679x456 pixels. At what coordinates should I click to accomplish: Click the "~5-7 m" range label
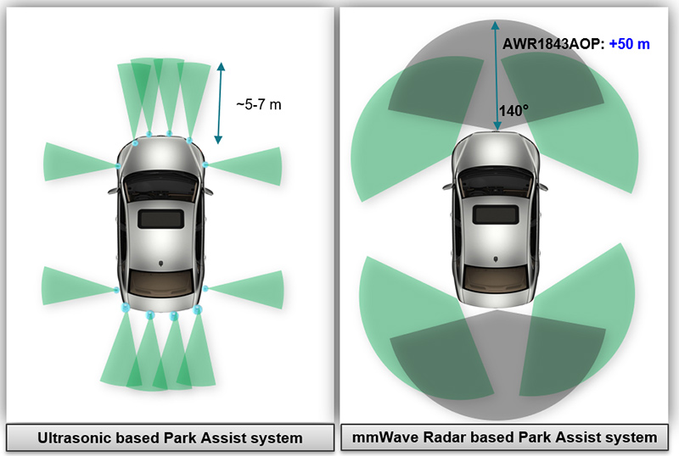(258, 104)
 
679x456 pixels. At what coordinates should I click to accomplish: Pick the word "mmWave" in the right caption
(385, 437)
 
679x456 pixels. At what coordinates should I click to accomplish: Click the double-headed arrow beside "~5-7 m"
(221, 102)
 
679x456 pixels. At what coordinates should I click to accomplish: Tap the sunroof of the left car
(161, 218)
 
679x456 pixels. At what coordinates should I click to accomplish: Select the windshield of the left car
(161, 181)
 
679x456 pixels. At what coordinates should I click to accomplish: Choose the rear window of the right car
(497, 275)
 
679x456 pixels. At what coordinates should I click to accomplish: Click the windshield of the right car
(497, 179)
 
